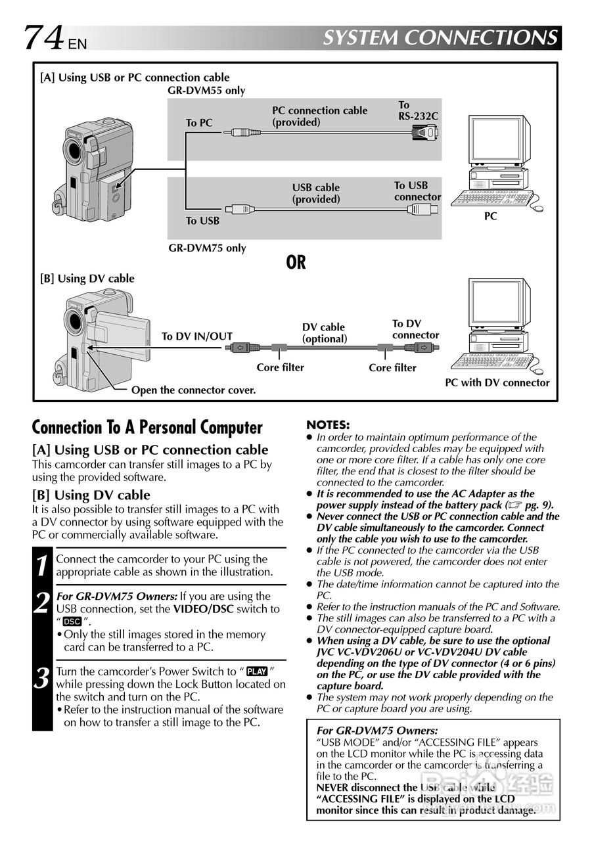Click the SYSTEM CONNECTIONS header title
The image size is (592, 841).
click(441, 37)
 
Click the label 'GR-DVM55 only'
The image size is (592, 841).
click(206, 90)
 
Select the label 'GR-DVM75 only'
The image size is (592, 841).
click(207, 248)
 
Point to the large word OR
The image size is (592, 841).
click(296, 262)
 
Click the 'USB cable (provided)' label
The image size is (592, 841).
click(316, 193)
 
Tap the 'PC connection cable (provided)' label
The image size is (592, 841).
click(319, 116)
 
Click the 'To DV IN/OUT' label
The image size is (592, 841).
click(197, 336)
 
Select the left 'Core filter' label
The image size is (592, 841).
click(280, 367)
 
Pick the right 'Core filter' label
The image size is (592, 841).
click(392, 367)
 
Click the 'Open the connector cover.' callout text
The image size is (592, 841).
click(193, 390)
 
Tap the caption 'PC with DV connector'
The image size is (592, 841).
click(497, 382)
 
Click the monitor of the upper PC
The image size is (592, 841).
click(496, 142)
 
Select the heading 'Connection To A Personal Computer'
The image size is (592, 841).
click(147, 428)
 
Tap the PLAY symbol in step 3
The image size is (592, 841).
click(257, 671)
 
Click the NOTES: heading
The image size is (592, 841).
click(328, 425)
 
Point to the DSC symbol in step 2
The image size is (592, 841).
click(72, 622)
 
